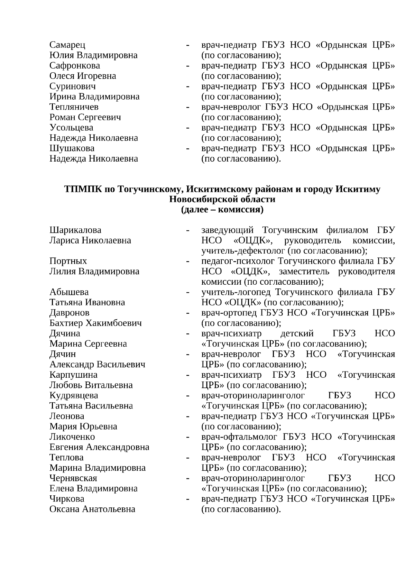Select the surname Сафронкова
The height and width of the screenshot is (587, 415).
(75, 66)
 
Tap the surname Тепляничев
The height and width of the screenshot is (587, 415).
(74, 107)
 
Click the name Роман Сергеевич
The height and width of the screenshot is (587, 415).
(85, 117)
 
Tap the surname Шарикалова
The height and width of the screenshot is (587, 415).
(75, 230)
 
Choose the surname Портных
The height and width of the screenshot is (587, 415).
(68, 261)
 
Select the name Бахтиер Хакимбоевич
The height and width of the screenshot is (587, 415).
(95, 323)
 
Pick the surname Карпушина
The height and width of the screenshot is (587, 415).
(73, 375)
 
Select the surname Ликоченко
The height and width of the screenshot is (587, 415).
(72, 437)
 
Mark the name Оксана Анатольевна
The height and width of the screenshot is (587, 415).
(92, 509)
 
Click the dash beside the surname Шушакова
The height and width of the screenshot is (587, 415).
(187, 149)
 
